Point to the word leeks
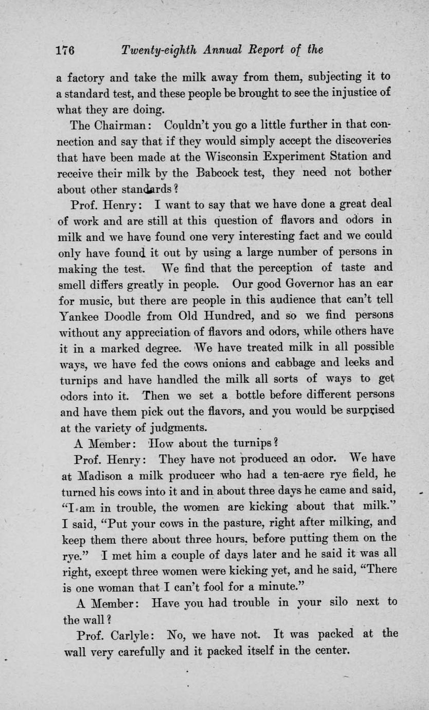(351, 362)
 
